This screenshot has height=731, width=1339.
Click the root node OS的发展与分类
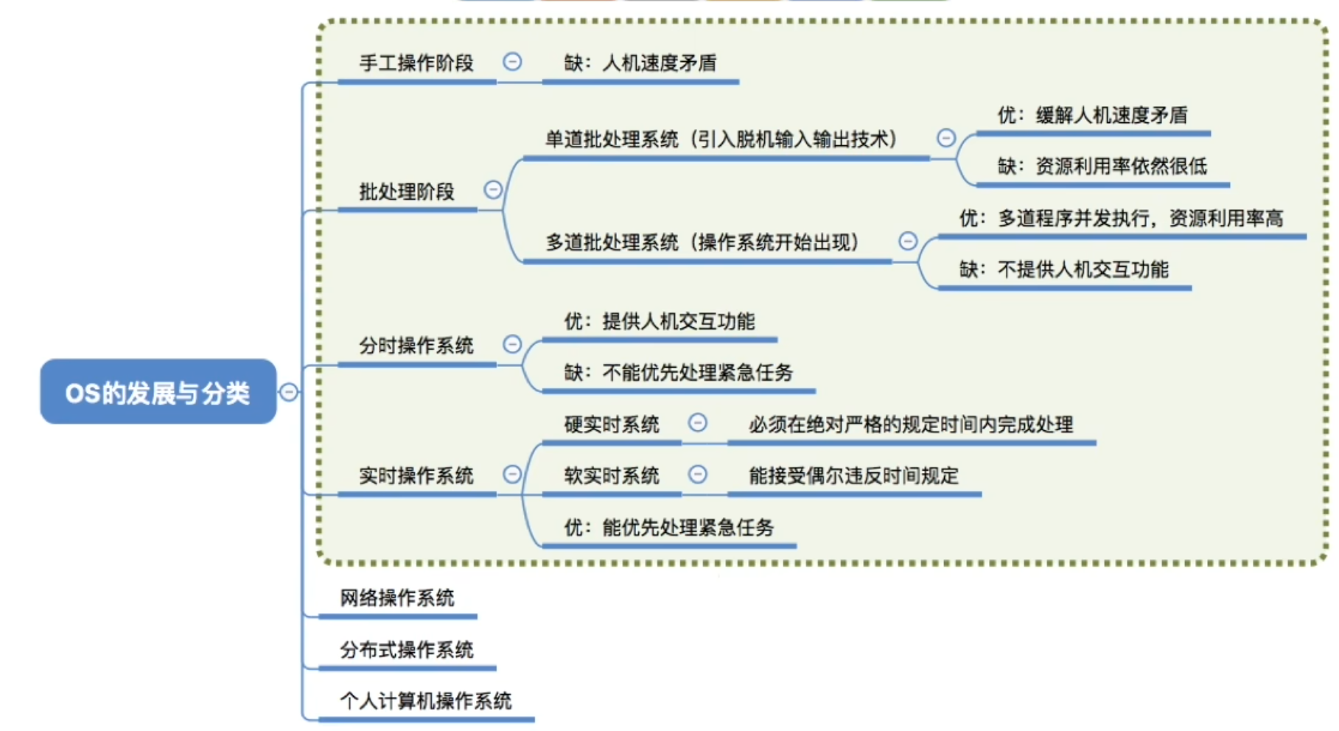(x=158, y=392)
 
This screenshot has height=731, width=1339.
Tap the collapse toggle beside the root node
(x=289, y=392)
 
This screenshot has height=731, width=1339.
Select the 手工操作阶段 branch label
(x=416, y=63)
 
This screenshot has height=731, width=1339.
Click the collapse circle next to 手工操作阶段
(x=512, y=62)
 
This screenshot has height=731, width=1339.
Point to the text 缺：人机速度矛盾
(x=640, y=63)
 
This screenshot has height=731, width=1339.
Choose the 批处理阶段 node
(x=407, y=192)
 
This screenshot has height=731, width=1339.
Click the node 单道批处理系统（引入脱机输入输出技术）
(x=721, y=139)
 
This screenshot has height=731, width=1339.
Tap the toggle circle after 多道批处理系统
(x=908, y=241)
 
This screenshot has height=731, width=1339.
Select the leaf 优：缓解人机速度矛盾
(x=1092, y=115)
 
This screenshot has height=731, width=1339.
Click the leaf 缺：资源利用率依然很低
(x=1102, y=167)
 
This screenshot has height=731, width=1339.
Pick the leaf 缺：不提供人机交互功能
(x=1063, y=270)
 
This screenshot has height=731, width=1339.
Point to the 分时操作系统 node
(x=416, y=346)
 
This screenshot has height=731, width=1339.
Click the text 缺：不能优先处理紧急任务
(x=678, y=373)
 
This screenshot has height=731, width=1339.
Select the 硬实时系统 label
(x=612, y=424)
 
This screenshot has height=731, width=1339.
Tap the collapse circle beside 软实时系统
(x=697, y=475)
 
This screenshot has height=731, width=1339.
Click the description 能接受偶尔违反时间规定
(x=853, y=476)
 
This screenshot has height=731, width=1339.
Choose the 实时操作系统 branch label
(x=416, y=476)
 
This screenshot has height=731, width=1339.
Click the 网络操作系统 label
(x=397, y=598)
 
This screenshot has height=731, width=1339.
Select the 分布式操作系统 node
(x=407, y=650)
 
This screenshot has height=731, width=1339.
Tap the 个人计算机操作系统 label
(x=426, y=701)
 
